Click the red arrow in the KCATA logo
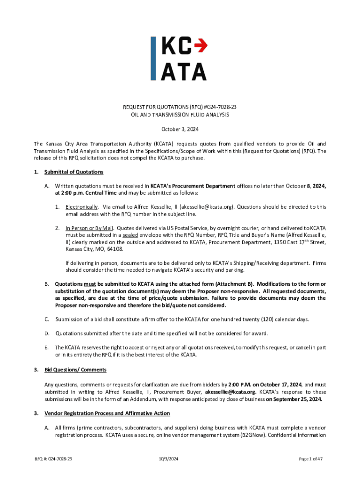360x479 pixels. [x=200, y=45]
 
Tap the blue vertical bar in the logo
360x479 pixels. [x=153, y=59]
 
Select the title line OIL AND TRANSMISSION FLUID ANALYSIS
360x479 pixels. [x=180, y=115]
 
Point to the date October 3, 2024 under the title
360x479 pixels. [x=180, y=129]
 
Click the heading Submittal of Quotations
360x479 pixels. [x=74, y=172]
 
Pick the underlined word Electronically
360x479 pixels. [x=82, y=207]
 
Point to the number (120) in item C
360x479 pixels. [x=259, y=319]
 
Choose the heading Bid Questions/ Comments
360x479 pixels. [x=75, y=370]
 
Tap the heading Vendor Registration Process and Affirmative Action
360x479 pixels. [x=107, y=414]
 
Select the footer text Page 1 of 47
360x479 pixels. [x=310, y=459]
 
